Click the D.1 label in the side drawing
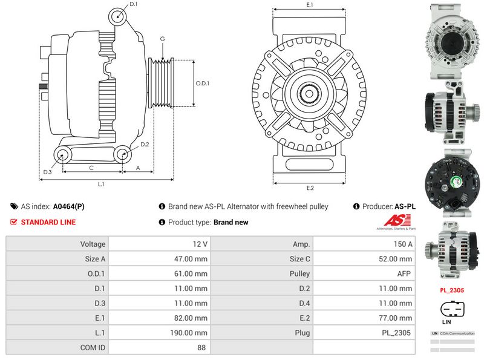tap(133, 4)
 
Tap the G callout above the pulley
tap(162, 39)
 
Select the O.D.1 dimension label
tap(202, 83)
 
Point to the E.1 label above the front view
tap(309, 5)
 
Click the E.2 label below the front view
tap(310, 188)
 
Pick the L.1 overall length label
tap(102, 183)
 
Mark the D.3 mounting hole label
tap(47, 172)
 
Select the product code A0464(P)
tap(69, 206)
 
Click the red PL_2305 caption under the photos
tap(451, 290)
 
